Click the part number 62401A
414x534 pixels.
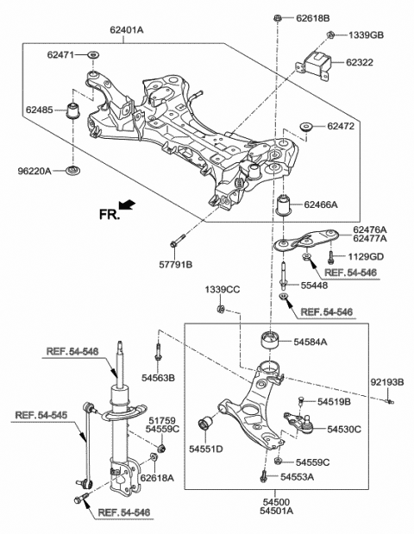tap(127, 28)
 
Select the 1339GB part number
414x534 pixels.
tap(366, 35)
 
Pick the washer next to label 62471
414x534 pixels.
tap(92, 56)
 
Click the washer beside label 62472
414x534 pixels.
tap(304, 127)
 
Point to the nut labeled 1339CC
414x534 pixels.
tap(221, 308)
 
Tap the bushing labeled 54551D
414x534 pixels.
tap(207, 424)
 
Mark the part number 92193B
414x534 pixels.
tap(386, 380)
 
